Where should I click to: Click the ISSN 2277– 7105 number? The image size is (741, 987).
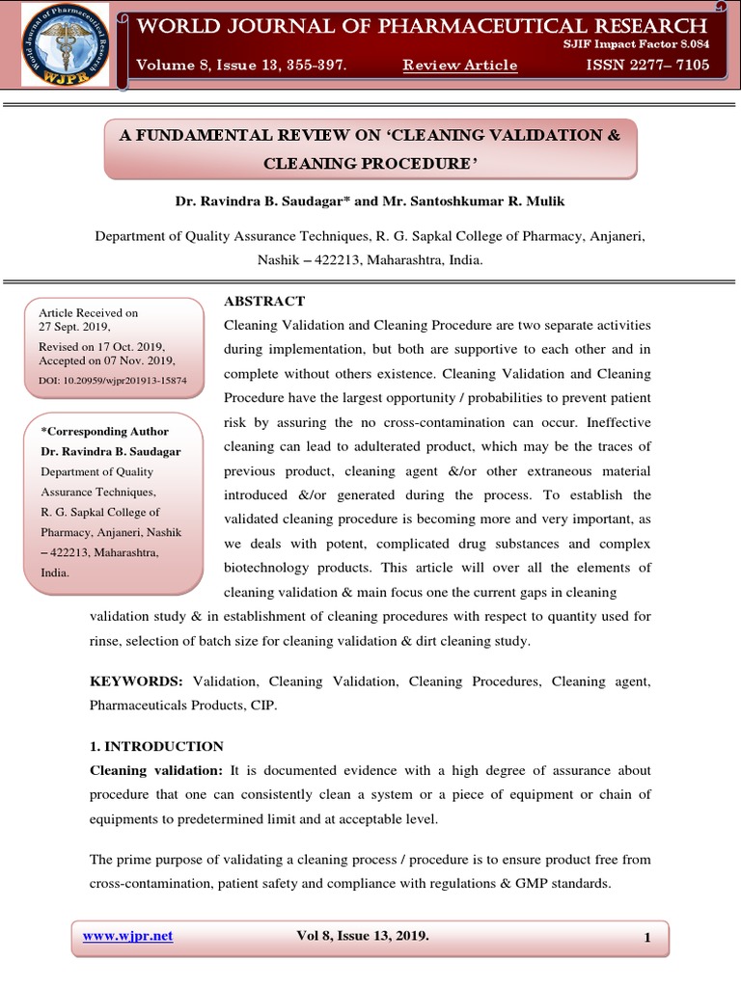(x=647, y=66)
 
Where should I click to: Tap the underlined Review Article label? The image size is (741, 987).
(x=459, y=66)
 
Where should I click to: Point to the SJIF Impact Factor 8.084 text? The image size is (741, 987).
(x=636, y=45)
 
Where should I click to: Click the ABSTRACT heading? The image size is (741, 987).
(x=264, y=302)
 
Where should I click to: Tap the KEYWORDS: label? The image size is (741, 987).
(x=136, y=681)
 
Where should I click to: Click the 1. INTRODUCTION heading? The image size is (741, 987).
(x=156, y=746)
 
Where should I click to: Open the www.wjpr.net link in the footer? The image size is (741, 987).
(x=128, y=936)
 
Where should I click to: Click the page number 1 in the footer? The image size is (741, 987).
(x=648, y=938)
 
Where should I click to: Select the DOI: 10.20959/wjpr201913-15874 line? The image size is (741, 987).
(x=113, y=381)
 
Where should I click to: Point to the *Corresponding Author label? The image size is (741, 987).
(x=104, y=432)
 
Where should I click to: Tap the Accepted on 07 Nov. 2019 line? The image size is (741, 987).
(x=107, y=360)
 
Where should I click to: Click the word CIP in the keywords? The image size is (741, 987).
(x=262, y=706)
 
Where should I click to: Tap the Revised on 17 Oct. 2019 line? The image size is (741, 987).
(x=101, y=346)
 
